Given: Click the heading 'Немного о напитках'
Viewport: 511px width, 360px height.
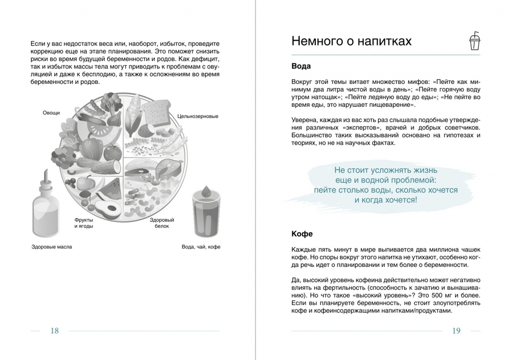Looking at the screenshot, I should coord(351,41).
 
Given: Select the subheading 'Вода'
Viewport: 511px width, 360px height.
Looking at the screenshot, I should coord(301,66).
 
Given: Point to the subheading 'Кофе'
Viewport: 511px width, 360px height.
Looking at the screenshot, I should coord(302,234).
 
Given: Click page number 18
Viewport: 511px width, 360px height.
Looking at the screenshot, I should coord(55,330).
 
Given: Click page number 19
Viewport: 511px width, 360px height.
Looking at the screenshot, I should coord(456,330).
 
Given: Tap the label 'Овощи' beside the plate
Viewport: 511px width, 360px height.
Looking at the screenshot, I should coord(51,112).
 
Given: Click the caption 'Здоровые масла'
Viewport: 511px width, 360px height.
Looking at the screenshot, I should coord(52,247).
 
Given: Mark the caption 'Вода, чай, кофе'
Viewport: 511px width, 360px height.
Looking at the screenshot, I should coord(201,247).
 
